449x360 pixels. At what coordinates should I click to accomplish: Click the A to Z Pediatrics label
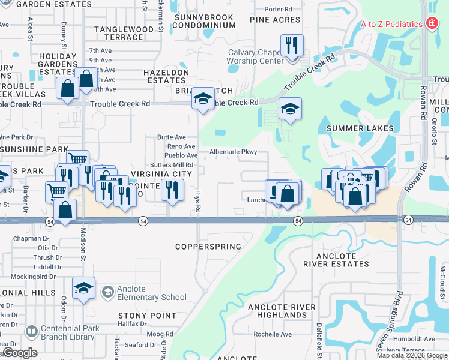coord(391,24)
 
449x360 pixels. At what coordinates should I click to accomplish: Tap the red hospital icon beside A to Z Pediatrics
coord(431,24)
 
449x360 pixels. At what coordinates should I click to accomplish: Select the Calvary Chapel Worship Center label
coord(255,56)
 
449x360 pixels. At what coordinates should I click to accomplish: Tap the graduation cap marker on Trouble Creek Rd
coord(203,98)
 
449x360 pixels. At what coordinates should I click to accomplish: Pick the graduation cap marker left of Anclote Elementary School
coord(84,288)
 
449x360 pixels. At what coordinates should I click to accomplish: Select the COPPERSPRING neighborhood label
coord(208,247)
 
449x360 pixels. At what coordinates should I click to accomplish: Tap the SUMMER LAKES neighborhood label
coord(360,128)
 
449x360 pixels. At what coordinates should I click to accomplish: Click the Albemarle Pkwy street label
coord(233,152)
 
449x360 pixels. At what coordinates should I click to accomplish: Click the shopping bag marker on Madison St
coord(65,211)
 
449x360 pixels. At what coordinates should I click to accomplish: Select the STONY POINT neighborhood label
coord(147,316)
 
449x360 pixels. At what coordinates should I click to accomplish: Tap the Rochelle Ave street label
coord(272,334)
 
